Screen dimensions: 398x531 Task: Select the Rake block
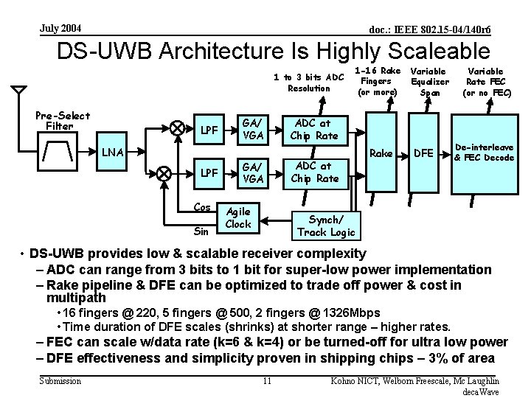click(381, 153)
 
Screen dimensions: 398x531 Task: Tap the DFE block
click(423, 153)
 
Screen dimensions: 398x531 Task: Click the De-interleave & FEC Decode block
click(484, 153)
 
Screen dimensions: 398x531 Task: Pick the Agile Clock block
click(238, 217)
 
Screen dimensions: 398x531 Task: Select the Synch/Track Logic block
click(325, 226)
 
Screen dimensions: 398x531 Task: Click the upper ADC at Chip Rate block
click(313, 130)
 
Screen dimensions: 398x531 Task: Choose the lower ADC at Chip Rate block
click(313, 172)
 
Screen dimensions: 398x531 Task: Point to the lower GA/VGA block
click(253, 173)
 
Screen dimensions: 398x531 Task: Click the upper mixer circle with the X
click(177, 127)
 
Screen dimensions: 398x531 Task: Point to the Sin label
click(201, 231)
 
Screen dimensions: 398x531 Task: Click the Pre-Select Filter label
click(63, 120)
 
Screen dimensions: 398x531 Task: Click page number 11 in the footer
click(268, 380)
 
